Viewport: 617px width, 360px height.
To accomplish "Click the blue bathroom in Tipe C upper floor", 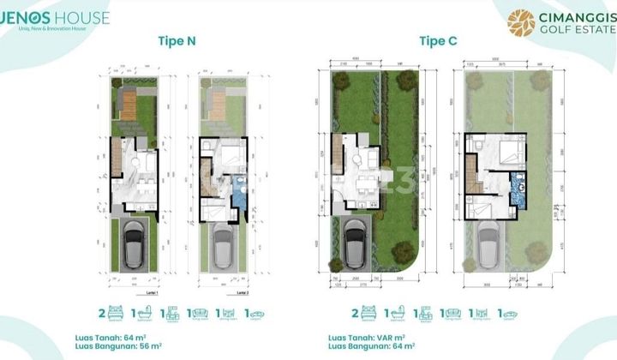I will click(x=518, y=184).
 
